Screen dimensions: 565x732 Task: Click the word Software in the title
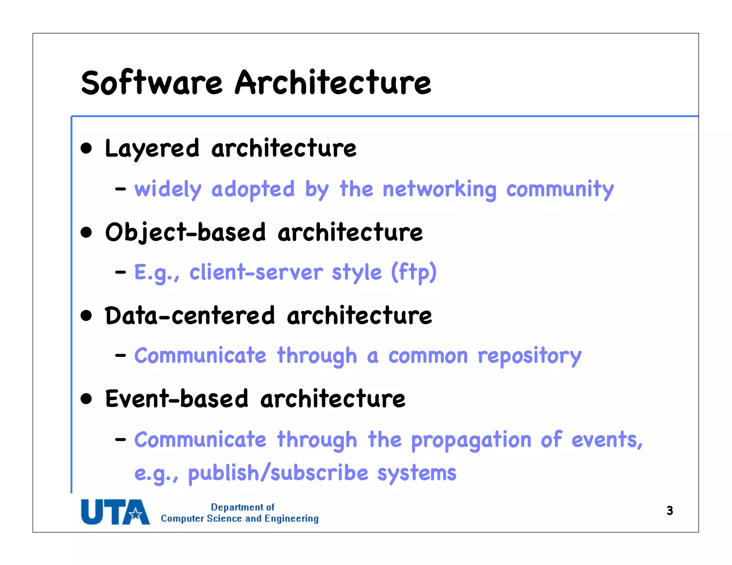click(152, 83)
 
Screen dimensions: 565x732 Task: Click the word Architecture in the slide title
click(333, 83)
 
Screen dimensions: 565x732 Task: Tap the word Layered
click(152, 149)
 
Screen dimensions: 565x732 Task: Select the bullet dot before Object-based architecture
click(86, 232)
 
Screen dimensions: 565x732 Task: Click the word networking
click(439, 190)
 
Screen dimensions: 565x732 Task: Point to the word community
click(560, 190)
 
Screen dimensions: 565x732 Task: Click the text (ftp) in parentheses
click(414, 272)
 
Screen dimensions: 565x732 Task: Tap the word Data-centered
click(190, 316)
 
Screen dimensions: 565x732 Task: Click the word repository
click(529, 356)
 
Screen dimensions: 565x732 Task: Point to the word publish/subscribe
click(278, 473)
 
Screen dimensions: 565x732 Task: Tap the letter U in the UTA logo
click(92, 512)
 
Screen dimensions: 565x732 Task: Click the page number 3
click(669, 511)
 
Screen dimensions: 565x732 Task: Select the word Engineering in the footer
click(291, 519)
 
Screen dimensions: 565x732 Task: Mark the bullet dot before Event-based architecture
click(86, 399)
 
